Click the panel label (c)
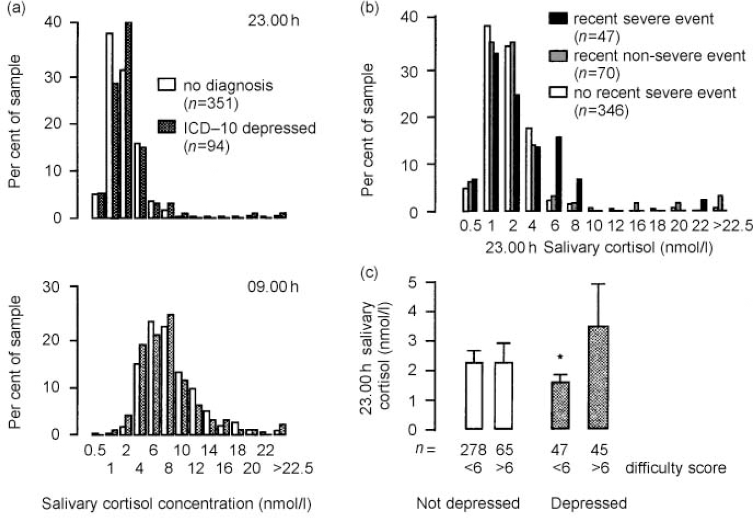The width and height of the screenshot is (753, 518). [369, 273]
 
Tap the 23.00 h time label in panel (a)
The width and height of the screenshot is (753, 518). [273, 21]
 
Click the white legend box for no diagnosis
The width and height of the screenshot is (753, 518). [167, 85]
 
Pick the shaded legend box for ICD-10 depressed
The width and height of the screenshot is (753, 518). [167, 128]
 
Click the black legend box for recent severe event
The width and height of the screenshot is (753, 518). [558, 19]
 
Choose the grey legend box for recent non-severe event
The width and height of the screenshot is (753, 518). [558, 55]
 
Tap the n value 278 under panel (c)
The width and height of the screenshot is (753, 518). [472, 450]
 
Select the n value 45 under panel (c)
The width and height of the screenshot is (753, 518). [599, 450]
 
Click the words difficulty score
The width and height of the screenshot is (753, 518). [675, 468]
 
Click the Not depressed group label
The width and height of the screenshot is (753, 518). [468, 503]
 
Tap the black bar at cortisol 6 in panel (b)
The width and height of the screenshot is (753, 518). [559, 174]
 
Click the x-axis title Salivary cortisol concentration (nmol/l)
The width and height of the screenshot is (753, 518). [176, 504]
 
